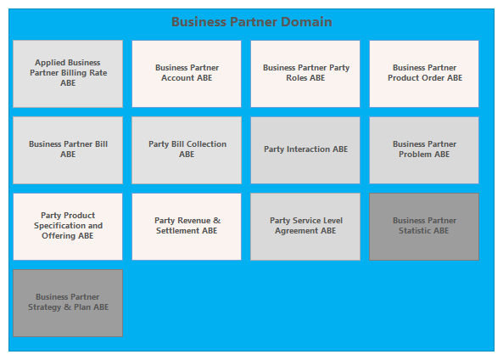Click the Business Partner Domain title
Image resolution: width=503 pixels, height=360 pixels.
tap(252, 22)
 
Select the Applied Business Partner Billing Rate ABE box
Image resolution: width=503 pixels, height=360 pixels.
tap(68, 74)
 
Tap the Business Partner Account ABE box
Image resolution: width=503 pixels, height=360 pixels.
tap(187, 74)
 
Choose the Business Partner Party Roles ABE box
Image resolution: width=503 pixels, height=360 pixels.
tap(305, 74)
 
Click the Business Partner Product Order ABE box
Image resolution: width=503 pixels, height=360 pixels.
tap(424, 74)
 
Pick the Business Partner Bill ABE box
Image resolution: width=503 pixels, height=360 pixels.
tap(68, 150)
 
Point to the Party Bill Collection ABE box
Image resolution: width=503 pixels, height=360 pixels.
tap(187, 150)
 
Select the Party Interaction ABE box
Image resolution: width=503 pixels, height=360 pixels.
tap(305, 150)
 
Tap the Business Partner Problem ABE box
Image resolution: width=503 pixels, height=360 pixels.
tap(424, 150)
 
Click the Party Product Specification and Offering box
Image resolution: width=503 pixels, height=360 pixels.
tap(68, 227)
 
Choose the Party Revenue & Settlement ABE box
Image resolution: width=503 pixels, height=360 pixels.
tap(187, 227)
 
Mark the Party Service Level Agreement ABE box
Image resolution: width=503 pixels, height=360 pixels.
tap(305, 227)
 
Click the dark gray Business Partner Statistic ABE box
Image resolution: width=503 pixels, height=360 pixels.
tap(424, 227)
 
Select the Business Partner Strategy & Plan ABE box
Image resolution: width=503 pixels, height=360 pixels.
tap(68, 303)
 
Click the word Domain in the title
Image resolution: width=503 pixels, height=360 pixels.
tap(306, 22)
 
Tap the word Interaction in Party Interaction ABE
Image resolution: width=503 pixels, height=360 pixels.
tap(308, 149)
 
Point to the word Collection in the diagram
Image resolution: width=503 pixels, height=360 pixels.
tap(207, 144)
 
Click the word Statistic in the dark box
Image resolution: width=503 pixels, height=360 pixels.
tap(415, 231)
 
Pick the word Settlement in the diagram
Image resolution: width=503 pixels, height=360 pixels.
tap(178, 231)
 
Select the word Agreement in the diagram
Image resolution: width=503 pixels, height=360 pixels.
tap(296, 231)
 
